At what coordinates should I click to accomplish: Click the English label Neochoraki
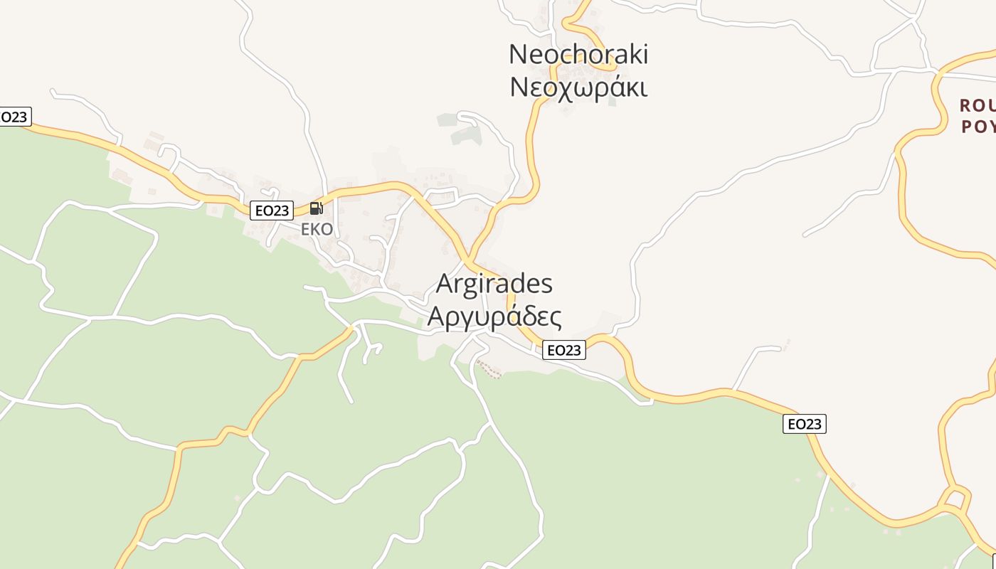point(578,54)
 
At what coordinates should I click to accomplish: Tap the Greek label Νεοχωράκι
point(578,87)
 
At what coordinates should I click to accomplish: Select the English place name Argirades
point(494,283)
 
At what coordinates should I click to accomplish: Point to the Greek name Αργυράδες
point(494,317)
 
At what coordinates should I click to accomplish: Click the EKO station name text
point(317,229)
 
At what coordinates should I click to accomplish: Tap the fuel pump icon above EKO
point(317,208)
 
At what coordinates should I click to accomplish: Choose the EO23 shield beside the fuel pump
point(272,211)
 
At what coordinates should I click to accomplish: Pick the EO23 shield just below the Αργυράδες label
point(563,350)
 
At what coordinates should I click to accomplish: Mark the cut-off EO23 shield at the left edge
point(14,117)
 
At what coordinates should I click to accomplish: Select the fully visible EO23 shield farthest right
point(804,424)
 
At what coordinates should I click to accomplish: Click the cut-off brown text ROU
point(978,106)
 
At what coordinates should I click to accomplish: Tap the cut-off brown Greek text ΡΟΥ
point(978,127)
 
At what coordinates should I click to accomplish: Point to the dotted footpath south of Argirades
point(489,368)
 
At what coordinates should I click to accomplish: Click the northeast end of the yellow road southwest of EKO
point(352,328)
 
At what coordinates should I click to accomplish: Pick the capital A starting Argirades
point(445,284)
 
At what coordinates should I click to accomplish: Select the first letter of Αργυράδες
point(436,316)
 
